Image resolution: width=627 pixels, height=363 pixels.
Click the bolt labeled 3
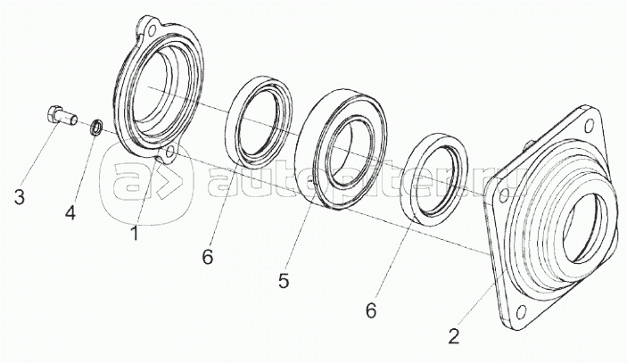tap(59, 117)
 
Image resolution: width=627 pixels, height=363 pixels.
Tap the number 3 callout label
tap(18, 196)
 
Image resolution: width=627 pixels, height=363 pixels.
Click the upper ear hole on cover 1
tap(153, 30)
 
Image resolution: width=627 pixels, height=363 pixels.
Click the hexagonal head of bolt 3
tap(53, 113)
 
